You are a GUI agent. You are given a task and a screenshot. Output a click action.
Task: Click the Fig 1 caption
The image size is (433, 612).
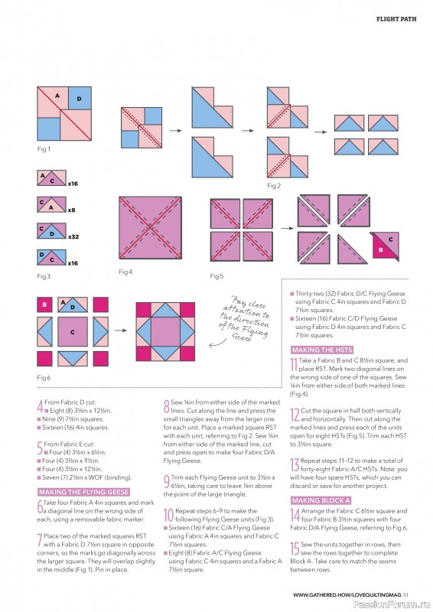pyautogui.click(x=44, y=149)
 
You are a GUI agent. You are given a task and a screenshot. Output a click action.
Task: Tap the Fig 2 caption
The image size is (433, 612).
pyautogui.click(x=274, y=185)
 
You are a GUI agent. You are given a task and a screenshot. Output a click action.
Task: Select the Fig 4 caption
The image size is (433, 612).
pyautogui.click(x=125, y=272)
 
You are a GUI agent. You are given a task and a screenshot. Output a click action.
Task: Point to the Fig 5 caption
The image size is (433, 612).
pyautogui.click(x=216, y=275)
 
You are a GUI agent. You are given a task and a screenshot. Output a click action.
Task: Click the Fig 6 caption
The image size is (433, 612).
pyautogui.click(x=44, y=378)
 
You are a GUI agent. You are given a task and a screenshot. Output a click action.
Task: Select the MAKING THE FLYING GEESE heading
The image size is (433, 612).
pyautogui.click(x=83, y=491)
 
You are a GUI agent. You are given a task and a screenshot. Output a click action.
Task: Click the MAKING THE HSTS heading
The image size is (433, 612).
pyautogui.click(x=321, y=350)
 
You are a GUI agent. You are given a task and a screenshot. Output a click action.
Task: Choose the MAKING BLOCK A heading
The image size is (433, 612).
pyautogui.click(x=316, y=500)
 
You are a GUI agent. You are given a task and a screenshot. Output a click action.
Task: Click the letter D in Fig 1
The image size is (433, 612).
pyautogui.click(x=79, y=99)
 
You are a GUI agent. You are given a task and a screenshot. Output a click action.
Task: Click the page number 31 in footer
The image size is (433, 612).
pyautogui.click(x=407, y=594)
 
